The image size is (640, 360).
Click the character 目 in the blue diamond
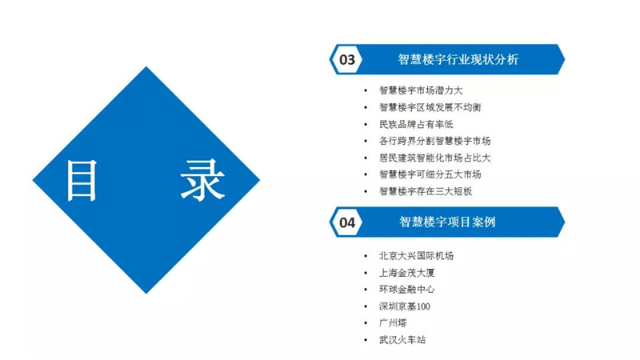pos(82,180)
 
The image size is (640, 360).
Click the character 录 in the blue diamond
pos(203,180)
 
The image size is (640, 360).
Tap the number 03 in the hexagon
pos(347,59)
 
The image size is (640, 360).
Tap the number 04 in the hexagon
pos(347,222)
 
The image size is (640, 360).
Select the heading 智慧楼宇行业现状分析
pos(458,59)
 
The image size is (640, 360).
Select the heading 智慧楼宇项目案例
pos(447,222)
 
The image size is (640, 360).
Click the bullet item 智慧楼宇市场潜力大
pos(421,90)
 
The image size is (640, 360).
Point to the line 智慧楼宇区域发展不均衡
pos(430,107)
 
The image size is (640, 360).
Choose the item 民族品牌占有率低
pos(416,124)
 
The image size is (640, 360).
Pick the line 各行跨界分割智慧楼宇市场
pos(434,141)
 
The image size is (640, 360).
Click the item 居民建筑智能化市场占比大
pos(434,158)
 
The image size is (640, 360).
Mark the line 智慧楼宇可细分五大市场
pos(430,174)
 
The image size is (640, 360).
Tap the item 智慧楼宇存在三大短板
pos(426,191)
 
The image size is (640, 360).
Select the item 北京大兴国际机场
pos(416,256)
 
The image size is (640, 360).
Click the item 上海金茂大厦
pos(407,273)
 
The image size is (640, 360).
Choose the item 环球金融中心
pos(407,290)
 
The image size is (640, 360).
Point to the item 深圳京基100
pos(405,306)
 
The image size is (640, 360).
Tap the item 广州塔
pos(393,323)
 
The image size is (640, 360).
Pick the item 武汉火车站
pos(402,339)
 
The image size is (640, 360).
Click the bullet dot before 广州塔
pos(366,323)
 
